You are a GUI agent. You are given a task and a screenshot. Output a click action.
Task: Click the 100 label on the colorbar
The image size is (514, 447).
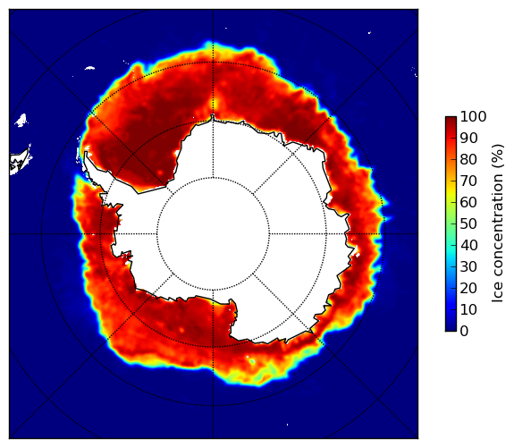[473, 117]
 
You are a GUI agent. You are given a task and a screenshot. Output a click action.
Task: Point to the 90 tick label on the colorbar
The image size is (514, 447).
[468, 138]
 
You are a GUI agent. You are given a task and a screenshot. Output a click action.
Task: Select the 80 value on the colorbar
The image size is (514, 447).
[468, 160]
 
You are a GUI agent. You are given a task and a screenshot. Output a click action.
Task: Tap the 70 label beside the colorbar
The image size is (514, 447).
[468, 181]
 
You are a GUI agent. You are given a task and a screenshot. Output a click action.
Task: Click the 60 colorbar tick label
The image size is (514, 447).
[468, 202]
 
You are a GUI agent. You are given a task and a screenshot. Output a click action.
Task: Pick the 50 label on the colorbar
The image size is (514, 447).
[468, 224]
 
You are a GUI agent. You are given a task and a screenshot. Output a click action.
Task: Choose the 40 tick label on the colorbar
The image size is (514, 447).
[468, 245]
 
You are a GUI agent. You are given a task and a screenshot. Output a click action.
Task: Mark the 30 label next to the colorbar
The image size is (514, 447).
[468, 267]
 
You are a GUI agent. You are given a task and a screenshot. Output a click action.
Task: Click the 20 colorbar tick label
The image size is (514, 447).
[468, 288]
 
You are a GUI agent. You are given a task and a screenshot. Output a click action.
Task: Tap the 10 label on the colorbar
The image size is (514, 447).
[468, 309]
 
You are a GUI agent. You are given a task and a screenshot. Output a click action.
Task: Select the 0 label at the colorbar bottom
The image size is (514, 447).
[464, 332]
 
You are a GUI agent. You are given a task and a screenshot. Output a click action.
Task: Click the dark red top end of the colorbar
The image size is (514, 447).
[451, 119]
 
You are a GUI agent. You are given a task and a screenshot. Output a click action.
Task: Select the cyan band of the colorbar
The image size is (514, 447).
[451, 249]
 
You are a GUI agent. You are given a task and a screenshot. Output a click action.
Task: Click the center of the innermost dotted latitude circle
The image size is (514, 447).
[213, 234]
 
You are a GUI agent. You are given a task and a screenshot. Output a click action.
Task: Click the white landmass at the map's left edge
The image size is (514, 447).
[21, 162]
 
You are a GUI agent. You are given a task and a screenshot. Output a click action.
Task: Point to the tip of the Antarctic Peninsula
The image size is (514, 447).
[86, 153]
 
